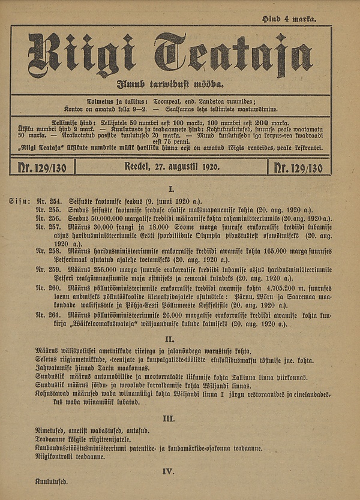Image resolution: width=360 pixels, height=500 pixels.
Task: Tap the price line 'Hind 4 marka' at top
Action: coord(290,20)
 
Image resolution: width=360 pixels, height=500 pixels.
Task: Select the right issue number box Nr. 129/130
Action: coord(298,168)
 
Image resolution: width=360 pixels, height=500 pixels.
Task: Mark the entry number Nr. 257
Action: coord(46,228)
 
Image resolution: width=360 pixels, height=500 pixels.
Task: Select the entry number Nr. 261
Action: coord(46,315)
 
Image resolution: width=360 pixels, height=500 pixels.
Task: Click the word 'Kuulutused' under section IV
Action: coord(52,481)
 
